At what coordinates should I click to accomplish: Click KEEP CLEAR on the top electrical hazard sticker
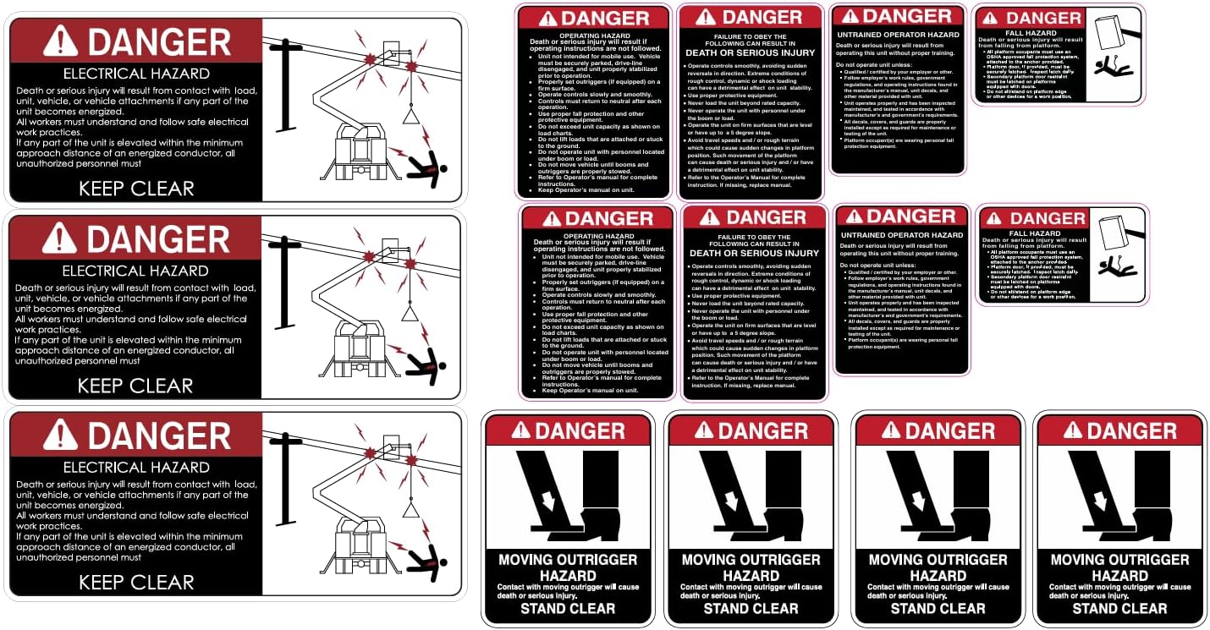click(136, 188)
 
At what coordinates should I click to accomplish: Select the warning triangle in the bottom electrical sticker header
click(61, 436)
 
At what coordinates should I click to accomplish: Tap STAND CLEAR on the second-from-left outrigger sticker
click(751, 608)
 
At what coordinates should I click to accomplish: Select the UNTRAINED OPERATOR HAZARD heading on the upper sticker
click(897, 35)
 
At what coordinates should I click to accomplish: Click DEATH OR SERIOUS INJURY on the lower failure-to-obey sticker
click(754, 253)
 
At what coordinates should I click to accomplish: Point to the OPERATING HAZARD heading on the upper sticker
click(595, 35)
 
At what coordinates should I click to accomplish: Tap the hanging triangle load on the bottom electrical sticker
click(411, 509)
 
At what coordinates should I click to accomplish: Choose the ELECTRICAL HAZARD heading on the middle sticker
click(135, 271)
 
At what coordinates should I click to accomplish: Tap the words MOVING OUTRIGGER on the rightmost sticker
click(1119, 560)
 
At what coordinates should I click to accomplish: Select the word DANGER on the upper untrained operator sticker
click(907, 16)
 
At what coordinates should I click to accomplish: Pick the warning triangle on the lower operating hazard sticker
click(553, 218)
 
